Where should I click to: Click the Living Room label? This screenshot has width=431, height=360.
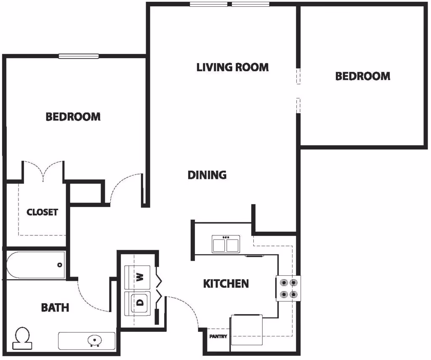click(x=232, y=67)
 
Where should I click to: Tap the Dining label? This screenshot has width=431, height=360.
click(x=207, y=175)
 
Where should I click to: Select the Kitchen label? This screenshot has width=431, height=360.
click(x=226, y=283)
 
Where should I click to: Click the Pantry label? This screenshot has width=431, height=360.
click(x=218, y=336)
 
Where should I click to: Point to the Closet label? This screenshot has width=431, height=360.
click(x=42, y=212)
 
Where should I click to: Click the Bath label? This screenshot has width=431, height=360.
click(x=55, y=307)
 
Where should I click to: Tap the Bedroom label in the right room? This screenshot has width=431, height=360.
click(x=362, y=76)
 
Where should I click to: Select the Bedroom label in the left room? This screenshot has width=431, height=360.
click(x=73, y=117)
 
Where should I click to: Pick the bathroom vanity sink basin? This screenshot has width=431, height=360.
click(x=95, y=339)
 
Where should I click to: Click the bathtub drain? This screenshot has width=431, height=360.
click(x=60, y=265)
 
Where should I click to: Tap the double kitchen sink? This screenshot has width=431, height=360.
click(x=226, y=244)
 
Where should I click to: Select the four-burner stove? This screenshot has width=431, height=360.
click(x=288, y=288)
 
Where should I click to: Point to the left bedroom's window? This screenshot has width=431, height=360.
click(x=79, y=56)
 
